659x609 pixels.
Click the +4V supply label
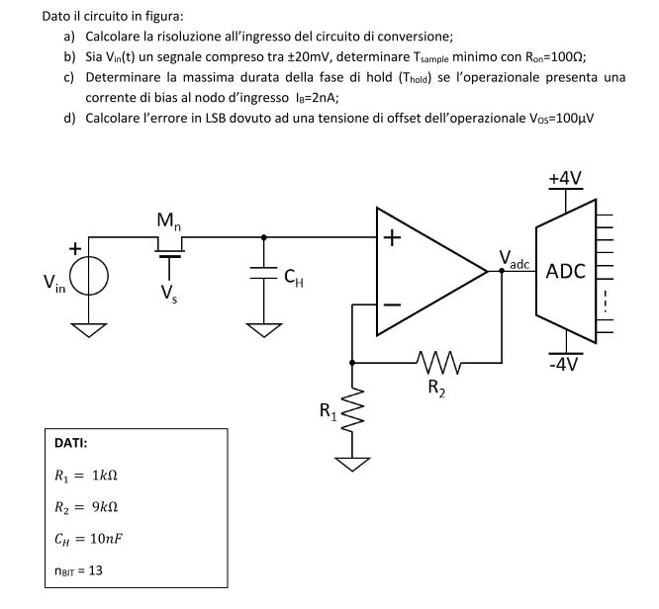[565, 178]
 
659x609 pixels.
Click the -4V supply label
[564, 363]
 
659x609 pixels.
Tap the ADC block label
[565, 270]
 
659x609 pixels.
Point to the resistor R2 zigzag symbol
[436, 363]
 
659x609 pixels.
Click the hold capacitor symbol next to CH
[263, 274]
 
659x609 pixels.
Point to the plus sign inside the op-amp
[393, 238]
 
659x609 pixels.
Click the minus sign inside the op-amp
[393, 304]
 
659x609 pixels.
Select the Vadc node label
[515, 260]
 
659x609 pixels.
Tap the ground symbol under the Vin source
[90, 328]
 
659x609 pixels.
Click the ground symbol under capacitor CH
[263, 328]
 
